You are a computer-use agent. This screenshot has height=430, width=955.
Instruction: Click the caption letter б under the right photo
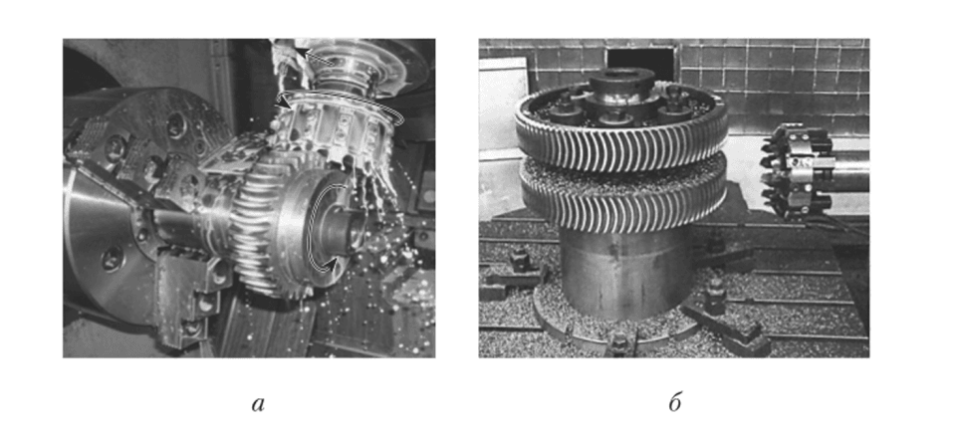(x=674, y=402)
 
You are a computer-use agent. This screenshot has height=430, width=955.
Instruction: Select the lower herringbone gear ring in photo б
(x=623, y=194)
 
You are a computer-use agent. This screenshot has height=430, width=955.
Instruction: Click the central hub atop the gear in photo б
(x=621, y=92)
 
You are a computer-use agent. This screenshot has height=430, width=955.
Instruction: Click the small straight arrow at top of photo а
(x=316, y=59)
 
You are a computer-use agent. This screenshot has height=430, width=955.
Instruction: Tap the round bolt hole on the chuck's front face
(x=114, y=258)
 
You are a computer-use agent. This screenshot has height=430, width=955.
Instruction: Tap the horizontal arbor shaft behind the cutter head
(x=850, y=175)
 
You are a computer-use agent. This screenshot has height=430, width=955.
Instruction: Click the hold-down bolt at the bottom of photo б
(x=619, y=344)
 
